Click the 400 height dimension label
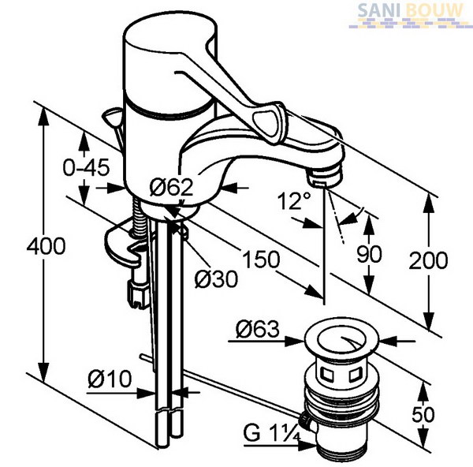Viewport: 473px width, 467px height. pyautogui.click(x=46, y=245)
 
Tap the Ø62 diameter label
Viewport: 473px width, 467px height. pyautogui.click(x=171, y=187)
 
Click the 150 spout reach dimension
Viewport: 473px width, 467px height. pyautogui.click(x=261, y=259)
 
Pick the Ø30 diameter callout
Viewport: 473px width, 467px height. pyautogui.click(x=216, y=278)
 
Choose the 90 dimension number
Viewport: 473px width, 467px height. pyautogui.click(x=369, y=253)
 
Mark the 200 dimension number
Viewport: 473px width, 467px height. pyautogui.click(x=428, y=260)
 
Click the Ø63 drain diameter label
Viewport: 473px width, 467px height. pyautogui.click(x=257, y=329)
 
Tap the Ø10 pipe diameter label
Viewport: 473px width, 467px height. pyautogui.click(x=110, y=379)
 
